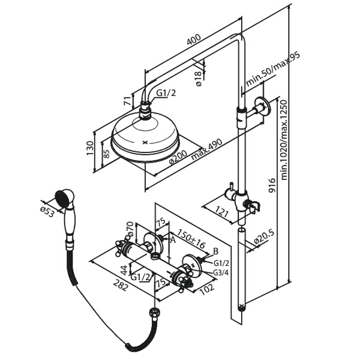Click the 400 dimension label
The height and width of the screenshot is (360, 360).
point(193,41)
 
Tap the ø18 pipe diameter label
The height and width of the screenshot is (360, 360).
point(199,79)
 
